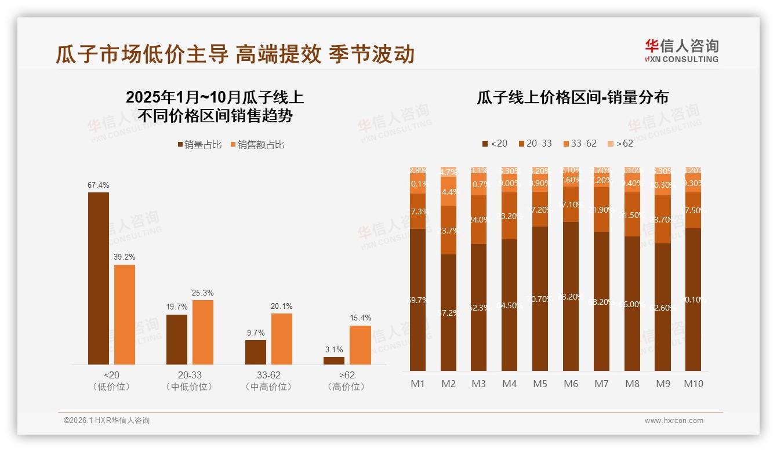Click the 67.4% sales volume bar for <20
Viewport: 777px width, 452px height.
point(99,278)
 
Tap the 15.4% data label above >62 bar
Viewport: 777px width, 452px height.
point(361,318)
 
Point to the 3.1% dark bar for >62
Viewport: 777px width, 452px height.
point(334,360)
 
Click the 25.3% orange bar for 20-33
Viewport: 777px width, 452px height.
point(203,332)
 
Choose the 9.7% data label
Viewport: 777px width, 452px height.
point(255,333)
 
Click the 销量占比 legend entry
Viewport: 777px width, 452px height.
point(200,145)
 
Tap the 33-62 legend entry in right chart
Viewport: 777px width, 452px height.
point(579,143)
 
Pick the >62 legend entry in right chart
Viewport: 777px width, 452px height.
point(620,143)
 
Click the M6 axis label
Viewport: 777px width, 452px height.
point(571,384)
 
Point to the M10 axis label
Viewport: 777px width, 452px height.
point(694,384)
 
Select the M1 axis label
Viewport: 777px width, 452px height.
point(417,384)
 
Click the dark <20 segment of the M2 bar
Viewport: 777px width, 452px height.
point(448,312)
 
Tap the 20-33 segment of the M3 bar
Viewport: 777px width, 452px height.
point(479,220)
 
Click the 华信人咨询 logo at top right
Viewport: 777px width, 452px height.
point(681,50)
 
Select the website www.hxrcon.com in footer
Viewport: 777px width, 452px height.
point(674,421)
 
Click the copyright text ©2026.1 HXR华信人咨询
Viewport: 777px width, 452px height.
point(107,421)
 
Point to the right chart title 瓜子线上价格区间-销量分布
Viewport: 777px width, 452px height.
point(572,97)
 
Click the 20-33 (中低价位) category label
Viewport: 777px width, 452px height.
point(190,381)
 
